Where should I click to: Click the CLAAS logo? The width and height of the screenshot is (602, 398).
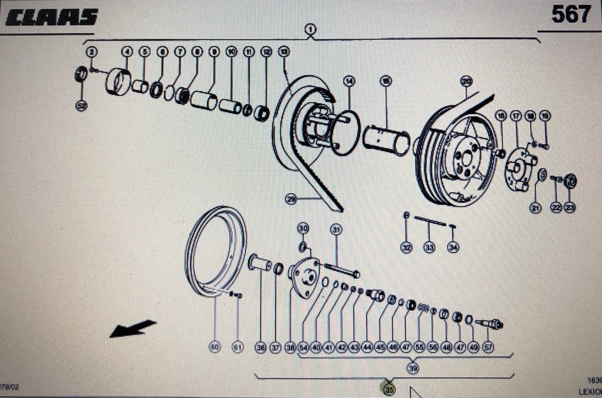[x=52, y=17]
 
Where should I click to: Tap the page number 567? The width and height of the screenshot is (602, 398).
[x=571, y=15]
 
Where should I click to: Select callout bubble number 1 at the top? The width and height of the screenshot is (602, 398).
[x=311, y=29]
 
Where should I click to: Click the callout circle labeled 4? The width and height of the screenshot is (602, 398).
[x=127, y=52]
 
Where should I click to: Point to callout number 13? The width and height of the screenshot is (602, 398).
[x=283, y=52]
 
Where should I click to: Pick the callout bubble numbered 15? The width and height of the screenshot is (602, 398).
[x=386, y=81]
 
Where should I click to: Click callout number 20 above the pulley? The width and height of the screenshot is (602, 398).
[x=466, y=81]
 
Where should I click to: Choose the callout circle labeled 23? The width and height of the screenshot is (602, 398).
[x=570, y=208]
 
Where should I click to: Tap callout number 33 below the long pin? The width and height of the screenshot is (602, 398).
[x=429, y=248]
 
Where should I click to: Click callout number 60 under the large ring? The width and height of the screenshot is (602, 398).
[x=215, y=347]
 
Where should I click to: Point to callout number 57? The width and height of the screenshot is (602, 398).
[x=488, y=347]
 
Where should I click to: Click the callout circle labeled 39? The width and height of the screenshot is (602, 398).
[x=413, y=368]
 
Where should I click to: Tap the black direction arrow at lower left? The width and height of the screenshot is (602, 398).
[x=133, y=328]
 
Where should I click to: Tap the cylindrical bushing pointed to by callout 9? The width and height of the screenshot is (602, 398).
[x=204, y=100]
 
